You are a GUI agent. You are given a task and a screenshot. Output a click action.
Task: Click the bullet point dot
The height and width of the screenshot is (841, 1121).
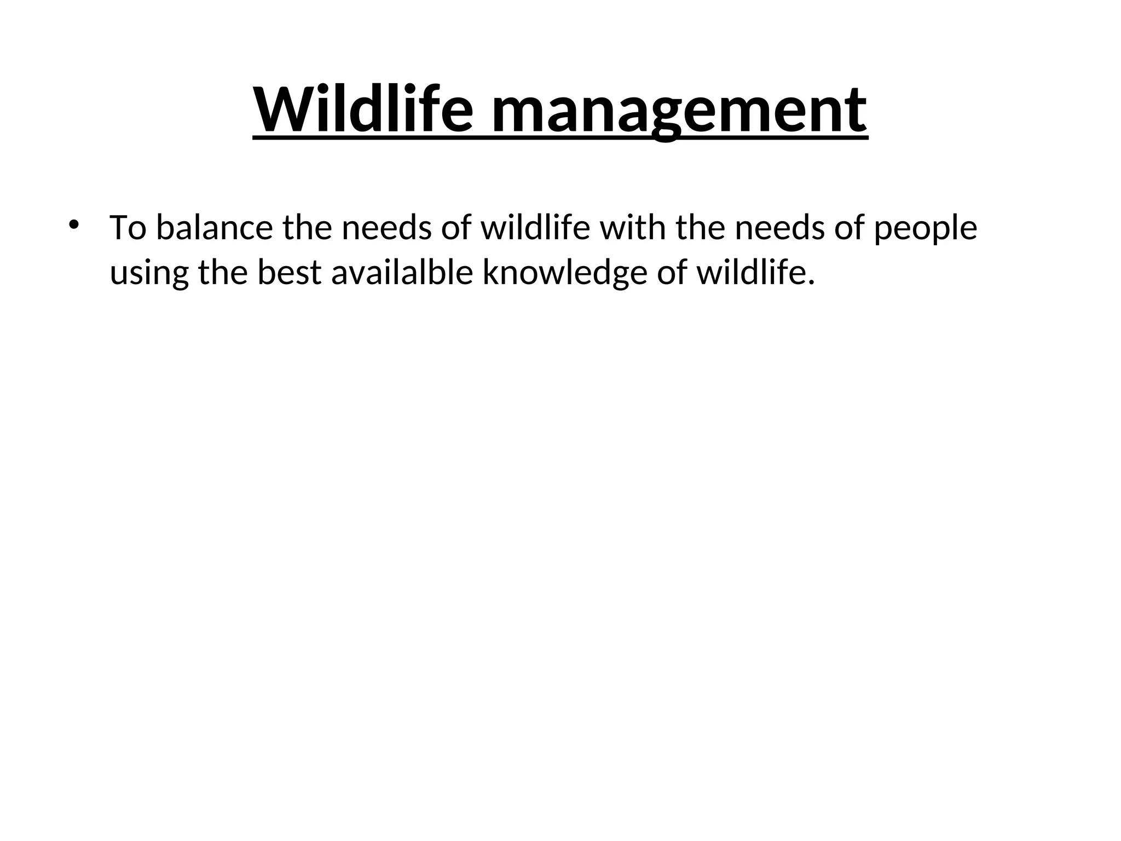pos(73,224)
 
